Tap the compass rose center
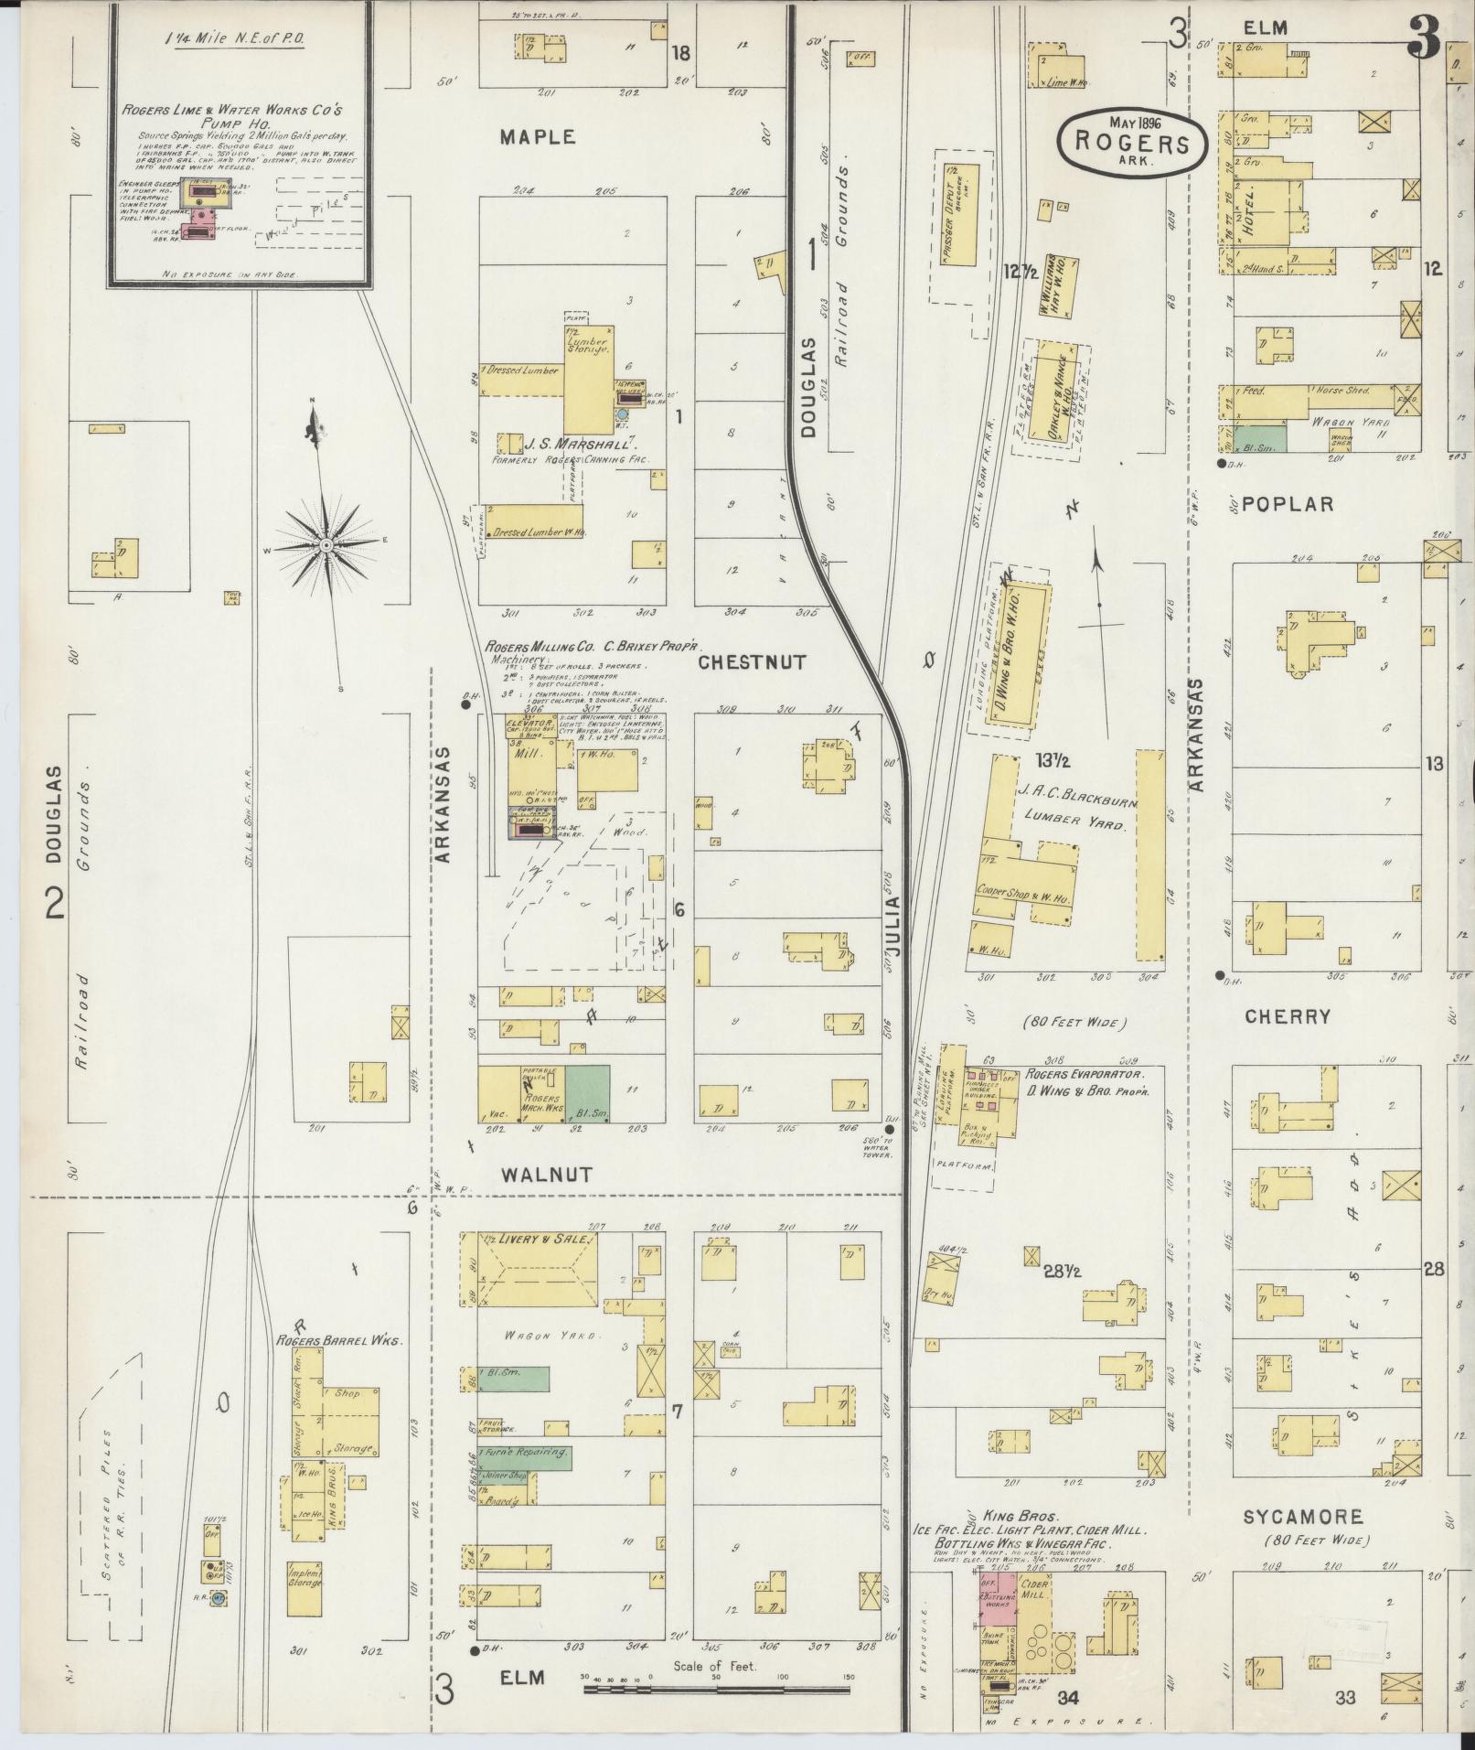[326, 546]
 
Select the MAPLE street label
[539, 137]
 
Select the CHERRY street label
[1288, 1016]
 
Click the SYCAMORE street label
[1303, 1517]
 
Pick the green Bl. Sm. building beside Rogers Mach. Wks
[587, 1093]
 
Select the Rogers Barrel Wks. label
[340, 1340]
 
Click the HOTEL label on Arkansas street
[1250, 216]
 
